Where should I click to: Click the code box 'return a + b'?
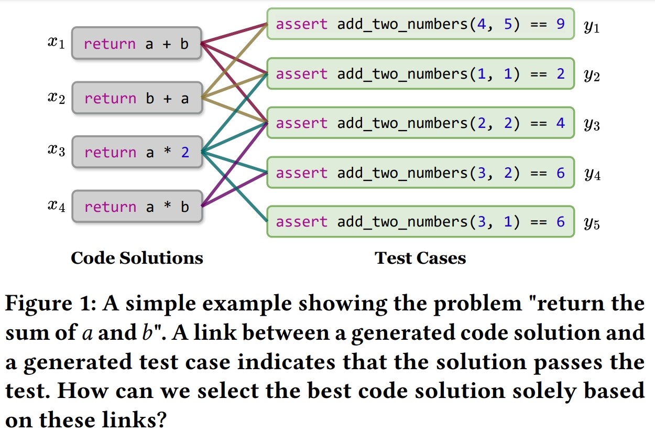pyautogui.click(x=136, y=44)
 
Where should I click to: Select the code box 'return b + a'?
pyautogui.click(x=136, y=98)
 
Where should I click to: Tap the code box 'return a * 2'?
pyautogui.click(x=136, y=153)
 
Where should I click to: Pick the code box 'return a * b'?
pyautogui.click(x=136, y=207)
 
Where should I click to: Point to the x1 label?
pyautogui.click(x=56, y=43)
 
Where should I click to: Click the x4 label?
pyautogui.click(x=56, y=207)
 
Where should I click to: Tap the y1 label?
pyautogui.click(x=592, y=26)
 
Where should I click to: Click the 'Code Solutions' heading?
pyautogui.click(x=137, y=257)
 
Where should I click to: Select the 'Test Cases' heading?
pyautogui.click(x=420, y=257)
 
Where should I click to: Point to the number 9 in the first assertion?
pyautogui.click(x=560, y=24)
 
